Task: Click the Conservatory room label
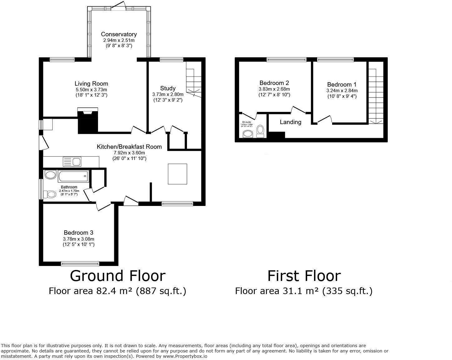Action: (x=119, y=34)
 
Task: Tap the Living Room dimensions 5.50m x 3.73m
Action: (x=91, y=89)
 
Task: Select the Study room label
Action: (x=168, y=88)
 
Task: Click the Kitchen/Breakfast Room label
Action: (x=129, y=147)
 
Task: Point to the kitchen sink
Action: (x=72, y=162)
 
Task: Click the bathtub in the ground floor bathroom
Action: (x=73, y=176)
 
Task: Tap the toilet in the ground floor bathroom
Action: (x=49, y=194)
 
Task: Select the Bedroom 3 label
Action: (x=78, y=232)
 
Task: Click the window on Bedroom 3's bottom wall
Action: (x=80, y=263)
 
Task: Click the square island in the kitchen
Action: (x=178, y=174)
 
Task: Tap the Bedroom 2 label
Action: (x=274, y=83)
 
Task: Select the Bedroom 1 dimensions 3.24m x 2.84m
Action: (x=342, y=91)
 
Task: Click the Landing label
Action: (x=290, y=122)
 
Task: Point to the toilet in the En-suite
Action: (x=260, y=131)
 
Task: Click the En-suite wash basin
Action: (x=248, y=134)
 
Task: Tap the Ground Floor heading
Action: (x=117, y=276)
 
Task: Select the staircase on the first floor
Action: (x=376, y=94)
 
